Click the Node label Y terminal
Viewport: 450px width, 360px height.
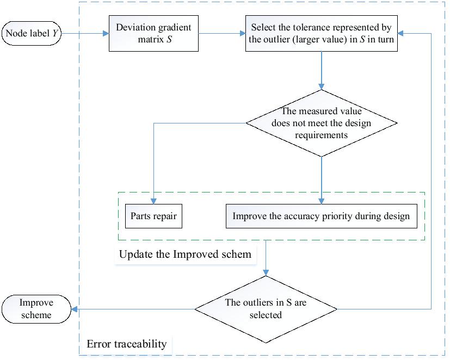32,34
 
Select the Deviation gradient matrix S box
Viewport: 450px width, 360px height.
153,34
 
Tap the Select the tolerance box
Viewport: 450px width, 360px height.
322,34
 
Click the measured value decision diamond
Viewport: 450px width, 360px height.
322,123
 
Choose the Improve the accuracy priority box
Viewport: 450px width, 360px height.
321,216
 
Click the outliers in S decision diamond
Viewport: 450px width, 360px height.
266,309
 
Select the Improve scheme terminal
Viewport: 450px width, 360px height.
36,309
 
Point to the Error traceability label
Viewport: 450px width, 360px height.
126,344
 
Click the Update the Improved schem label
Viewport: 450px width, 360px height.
185,254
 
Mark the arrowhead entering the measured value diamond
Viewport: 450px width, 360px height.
322,86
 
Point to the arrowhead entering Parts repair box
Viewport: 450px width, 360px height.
154,201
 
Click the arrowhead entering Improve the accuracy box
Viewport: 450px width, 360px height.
322,201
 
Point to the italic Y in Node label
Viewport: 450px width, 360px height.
55,34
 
